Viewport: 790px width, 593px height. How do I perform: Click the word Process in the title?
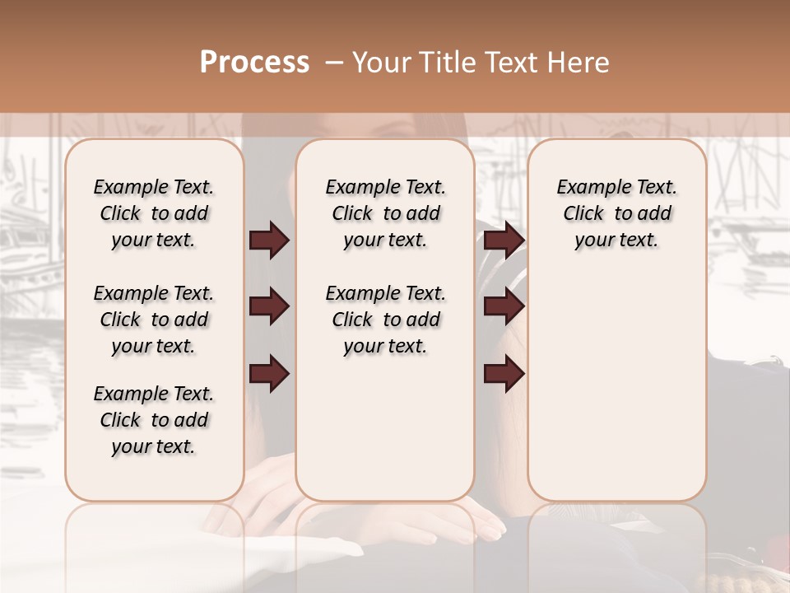254,63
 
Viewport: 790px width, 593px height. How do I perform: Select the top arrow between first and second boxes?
269,240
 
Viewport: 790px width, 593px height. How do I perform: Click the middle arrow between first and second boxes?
269,307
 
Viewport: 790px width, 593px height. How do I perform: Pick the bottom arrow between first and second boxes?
269,374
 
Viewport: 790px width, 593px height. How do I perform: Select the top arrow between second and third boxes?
504,240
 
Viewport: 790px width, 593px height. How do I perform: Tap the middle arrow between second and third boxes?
504,307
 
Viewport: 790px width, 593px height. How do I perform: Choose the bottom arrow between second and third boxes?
504,374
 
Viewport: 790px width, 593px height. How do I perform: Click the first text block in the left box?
154,213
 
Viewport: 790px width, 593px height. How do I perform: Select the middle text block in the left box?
154,320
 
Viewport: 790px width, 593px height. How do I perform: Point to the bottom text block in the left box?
154,420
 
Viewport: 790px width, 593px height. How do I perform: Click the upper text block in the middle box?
385,213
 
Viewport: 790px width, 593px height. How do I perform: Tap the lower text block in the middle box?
385,320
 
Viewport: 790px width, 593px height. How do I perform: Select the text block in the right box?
616,213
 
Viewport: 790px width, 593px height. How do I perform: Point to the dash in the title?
333,63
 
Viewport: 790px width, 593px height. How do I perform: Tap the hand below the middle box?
461,524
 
